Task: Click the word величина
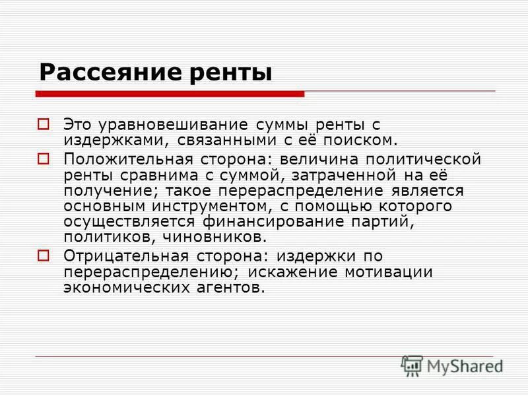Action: point(319,159)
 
